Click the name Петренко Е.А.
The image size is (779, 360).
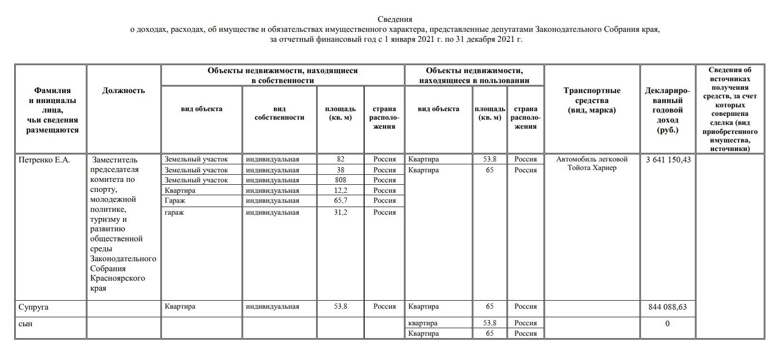click(x=44, y=160)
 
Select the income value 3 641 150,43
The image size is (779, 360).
click(x=668, y=160)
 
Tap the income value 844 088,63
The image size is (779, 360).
click(x=667, y=307)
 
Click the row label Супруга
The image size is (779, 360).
click(x=34, y=307)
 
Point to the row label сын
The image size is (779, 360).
click(x=26, y=323)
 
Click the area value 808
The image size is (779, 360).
click(x=340, y=180)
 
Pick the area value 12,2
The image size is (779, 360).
click(x=340, y=190)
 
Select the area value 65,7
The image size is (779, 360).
click(x=340, y=200)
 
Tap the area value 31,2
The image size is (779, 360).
click(x=340, y=212)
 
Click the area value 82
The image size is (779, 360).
click(x=340, y=160)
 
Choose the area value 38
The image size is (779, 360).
click(x=340, y=170)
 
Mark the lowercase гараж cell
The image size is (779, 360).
click(x=174, y=212)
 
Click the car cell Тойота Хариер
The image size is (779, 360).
click(x=591, y=168)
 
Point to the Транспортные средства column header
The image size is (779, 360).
click(x=591, y=100)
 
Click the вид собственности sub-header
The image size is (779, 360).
click(x=279, y=113)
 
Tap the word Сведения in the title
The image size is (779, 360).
click(x=395, y=19)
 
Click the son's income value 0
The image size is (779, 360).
click(x=667, y=323)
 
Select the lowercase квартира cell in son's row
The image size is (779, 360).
click(x=423, y=323)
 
